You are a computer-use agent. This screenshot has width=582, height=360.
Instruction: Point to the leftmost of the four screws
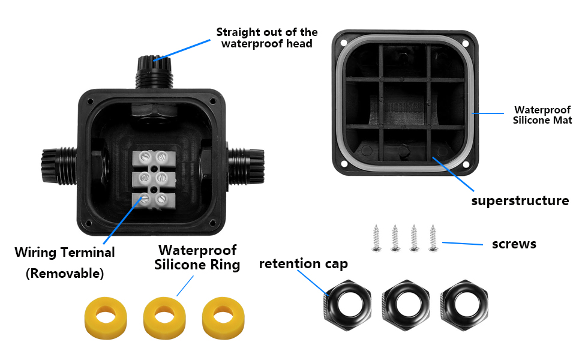(x=376, y=238)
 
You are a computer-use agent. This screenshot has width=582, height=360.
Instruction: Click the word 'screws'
(x=514, y=244)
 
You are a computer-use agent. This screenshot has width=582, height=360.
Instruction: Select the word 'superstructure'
(x=520, y=200)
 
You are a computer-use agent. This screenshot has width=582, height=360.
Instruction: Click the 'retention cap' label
(x=303, y=263)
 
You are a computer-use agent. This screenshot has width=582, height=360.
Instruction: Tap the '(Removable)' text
(x=65, y=274)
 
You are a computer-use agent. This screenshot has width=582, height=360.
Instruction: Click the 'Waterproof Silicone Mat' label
(x=542, y=115)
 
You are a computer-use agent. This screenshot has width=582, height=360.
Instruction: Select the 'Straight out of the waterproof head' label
(x=266, y=38)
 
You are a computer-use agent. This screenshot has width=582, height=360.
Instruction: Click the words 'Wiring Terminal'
(x=65, y=252)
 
